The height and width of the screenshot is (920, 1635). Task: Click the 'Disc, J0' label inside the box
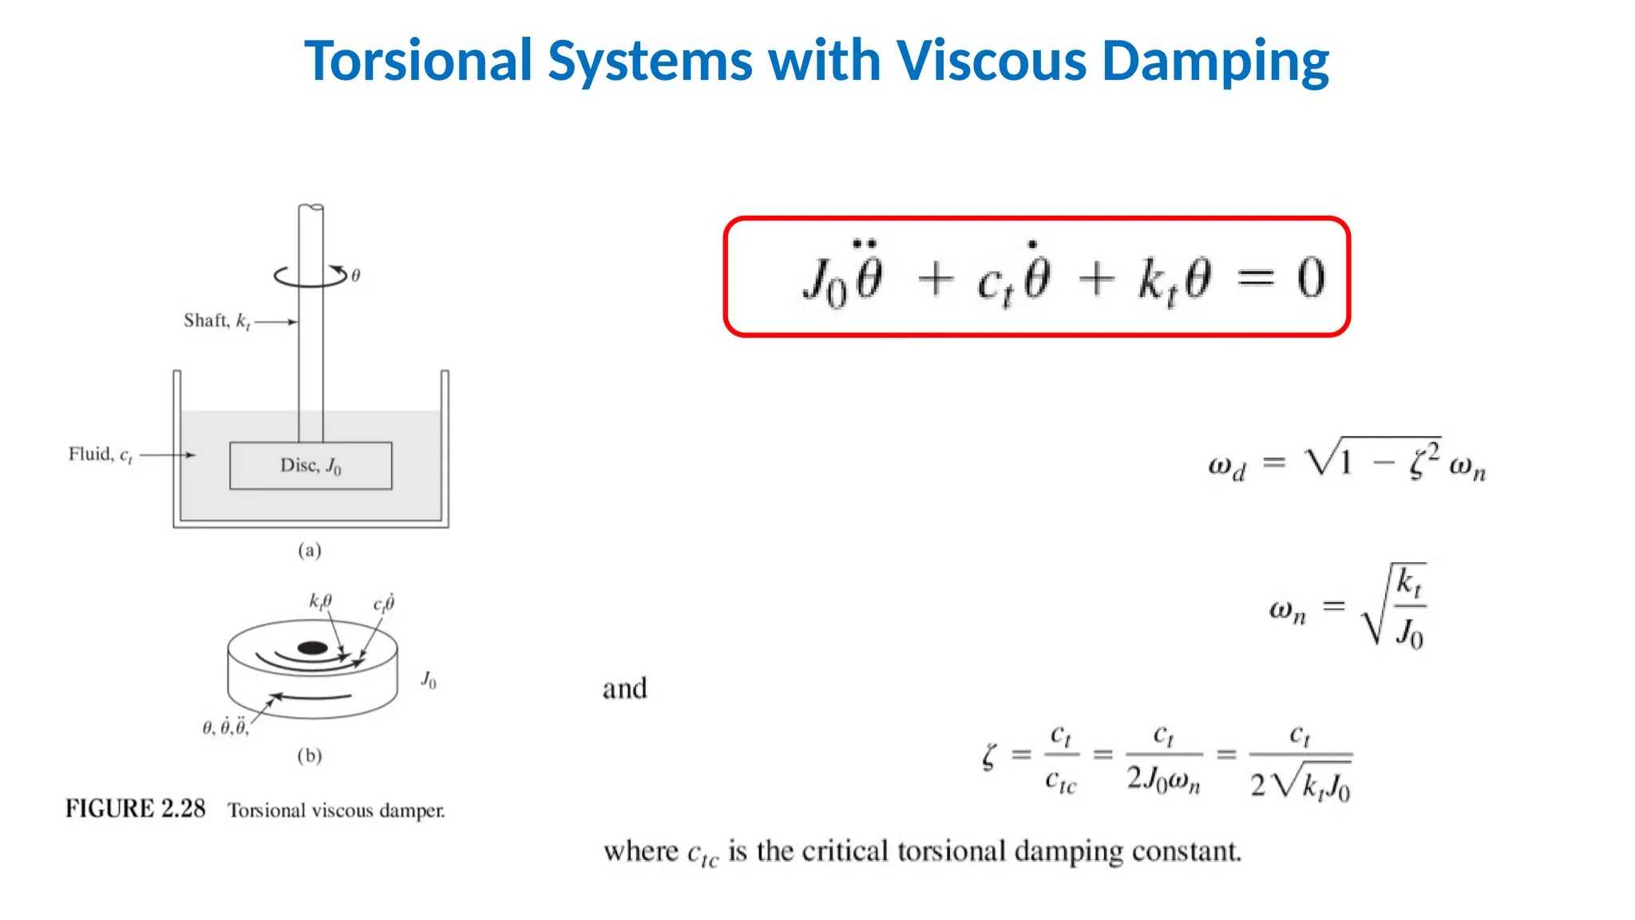click(x=311, y=466)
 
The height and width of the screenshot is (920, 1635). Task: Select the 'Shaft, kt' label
click(x=216, y=321)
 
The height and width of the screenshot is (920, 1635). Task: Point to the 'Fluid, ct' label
click(x=101, y=454)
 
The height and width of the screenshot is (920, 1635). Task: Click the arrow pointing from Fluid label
click(x=168, y=455)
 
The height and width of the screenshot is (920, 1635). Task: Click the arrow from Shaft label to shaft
click(x=276, y=322)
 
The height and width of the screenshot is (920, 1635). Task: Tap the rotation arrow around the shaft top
click(x=311, y=276)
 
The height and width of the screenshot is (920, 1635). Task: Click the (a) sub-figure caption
click(x=309, y=550)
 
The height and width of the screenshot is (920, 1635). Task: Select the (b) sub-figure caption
click(x=309, y=755)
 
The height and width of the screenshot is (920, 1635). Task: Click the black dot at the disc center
click(x=312, y=648)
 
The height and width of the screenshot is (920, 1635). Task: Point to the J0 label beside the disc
click(x=429, y=680)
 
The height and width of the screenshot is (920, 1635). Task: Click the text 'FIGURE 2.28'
click(x=135, y=809)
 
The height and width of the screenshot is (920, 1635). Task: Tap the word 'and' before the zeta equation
click(x=624, y=688)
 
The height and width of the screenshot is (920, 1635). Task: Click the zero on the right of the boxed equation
click(x=1310, y=279)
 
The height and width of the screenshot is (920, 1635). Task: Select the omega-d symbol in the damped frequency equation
click(x=1226, y=466)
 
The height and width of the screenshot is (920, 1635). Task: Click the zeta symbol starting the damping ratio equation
click(x=990, y=755)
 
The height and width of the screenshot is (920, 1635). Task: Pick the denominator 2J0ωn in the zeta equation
click(x=1163, y=779)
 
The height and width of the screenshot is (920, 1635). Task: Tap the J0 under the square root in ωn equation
click(x=1409, y=633)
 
